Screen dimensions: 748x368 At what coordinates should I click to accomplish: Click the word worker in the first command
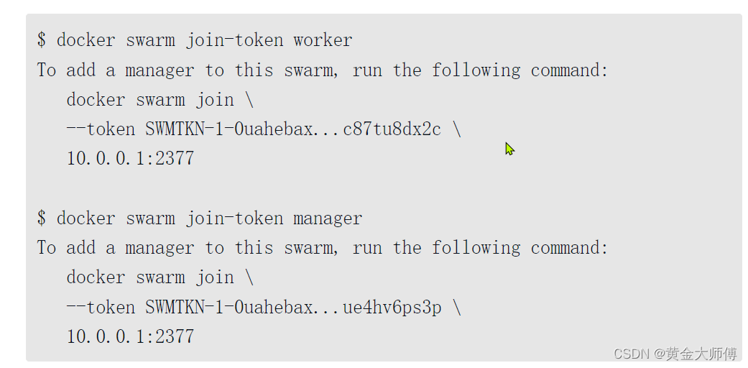coord(323,40)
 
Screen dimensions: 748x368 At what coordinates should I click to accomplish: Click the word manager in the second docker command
coord(328,218)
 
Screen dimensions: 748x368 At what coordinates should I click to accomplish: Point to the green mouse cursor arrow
coord(509,149)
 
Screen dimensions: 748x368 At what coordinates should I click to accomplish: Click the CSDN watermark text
coord(631,354)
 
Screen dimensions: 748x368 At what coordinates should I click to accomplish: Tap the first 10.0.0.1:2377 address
coord(130,159)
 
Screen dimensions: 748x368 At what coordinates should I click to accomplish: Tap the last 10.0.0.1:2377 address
coord(130,336)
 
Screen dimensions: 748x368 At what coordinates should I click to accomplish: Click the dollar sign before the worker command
coord(42,40)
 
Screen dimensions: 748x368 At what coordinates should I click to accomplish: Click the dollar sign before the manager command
coord(42,218)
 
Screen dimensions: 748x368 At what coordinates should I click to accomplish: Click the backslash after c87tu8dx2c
coord(457,129)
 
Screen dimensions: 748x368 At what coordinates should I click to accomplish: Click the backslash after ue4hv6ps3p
coord(457,307)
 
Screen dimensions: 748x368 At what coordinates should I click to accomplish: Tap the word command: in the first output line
coord(570,70)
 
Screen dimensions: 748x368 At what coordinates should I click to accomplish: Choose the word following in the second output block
coord(476,248)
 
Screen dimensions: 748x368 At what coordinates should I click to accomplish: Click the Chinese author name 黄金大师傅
coord(701,354)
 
